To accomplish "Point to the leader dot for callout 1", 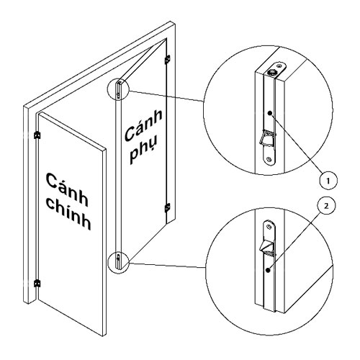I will pos(269,114).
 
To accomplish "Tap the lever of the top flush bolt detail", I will pos(265,135).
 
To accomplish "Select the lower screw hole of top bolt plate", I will pos(268,156).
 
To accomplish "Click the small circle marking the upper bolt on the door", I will pos(118,89).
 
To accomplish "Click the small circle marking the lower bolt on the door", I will pos(117,261).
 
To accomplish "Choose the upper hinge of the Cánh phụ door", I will pos(168,60).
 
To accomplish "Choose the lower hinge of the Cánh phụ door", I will pos(167,207).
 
